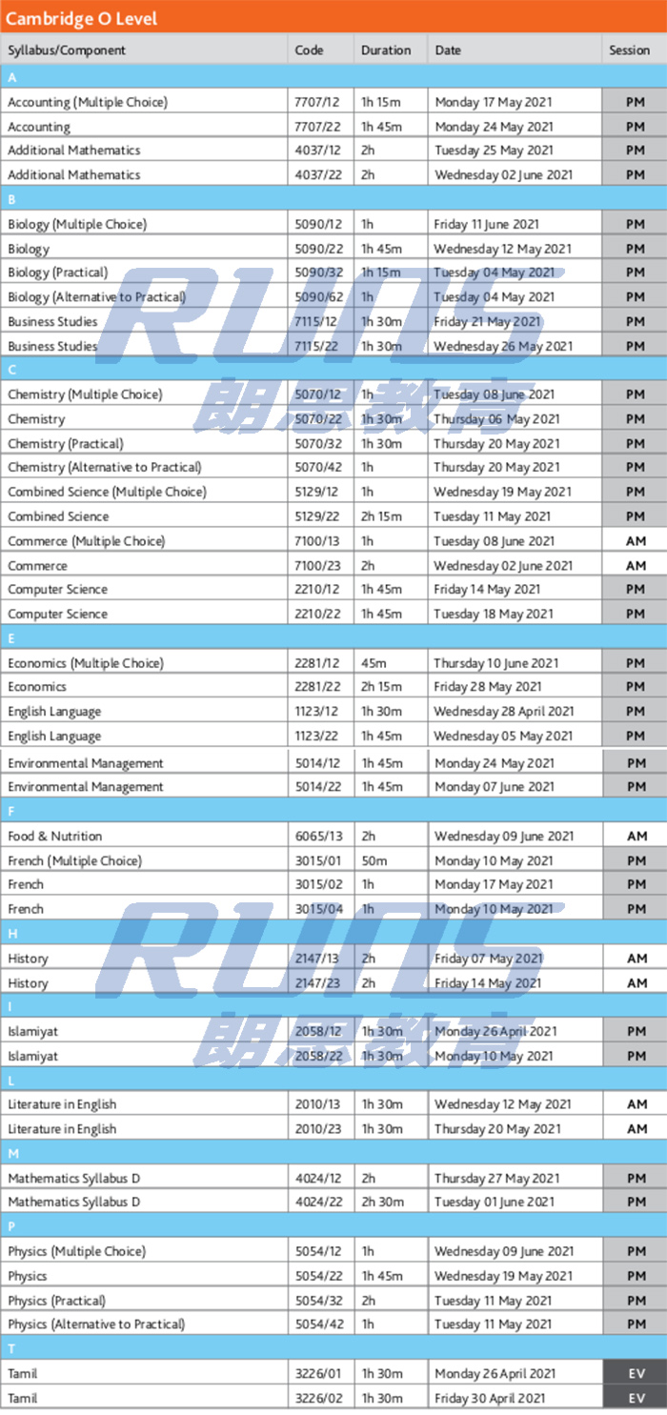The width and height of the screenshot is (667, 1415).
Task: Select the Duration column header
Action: [386, 51]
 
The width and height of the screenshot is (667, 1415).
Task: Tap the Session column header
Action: [629, 51]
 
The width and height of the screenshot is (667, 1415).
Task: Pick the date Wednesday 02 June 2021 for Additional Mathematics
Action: [503, 175]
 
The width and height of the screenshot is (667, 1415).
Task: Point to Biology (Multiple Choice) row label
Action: [77, 224]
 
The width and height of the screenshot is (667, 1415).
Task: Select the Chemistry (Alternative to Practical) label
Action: [105, 468]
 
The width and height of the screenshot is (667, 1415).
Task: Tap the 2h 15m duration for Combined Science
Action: [381, 516]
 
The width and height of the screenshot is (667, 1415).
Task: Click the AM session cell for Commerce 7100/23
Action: [635, 566]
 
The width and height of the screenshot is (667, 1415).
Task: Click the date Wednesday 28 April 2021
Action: [503, 712]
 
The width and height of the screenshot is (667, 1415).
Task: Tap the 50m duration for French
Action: [374, 860]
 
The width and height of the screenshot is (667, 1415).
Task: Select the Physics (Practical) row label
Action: [57, 1301]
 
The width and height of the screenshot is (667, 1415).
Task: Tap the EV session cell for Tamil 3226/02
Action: [635, 1398]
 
